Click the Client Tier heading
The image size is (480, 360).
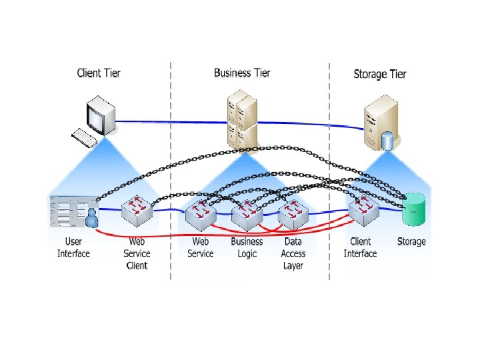(x=99, y=73)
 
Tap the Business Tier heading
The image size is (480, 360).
(x=242, y=72)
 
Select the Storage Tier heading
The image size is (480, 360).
(x=379, y=74)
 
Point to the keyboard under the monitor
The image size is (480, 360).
(x=85, y=137)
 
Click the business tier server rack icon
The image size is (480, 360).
(x=241, y=120)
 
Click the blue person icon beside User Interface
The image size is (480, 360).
(x=91, y=217)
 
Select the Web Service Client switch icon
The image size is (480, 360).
(x=137, y=211)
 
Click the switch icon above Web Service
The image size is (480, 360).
(x=199, y=214)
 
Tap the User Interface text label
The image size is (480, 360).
(x=73, y=247)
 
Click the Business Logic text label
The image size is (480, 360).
(x=247, y=247)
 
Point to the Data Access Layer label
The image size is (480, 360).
(x=293, y=253)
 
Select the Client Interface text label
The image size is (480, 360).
(x=360, y=247)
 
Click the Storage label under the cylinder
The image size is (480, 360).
(x=411, y=241)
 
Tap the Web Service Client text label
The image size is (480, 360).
(x=137, y=253)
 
